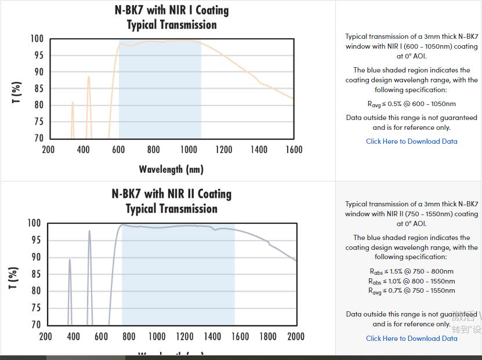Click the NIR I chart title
point(172,17)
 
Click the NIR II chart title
point(172,201)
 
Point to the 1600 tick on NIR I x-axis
point(294,150)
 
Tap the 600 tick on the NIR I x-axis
point(118,150)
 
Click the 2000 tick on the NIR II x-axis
point(296,336)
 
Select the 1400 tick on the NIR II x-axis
point(212,336)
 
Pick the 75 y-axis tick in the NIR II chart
point(35,308)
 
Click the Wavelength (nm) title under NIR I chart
point(171,169)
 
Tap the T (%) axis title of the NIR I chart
point(17,92)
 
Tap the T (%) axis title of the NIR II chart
point(15,278)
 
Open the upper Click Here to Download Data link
point(412,141)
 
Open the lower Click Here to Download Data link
point(412,339)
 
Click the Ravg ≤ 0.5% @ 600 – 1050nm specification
point(412,104)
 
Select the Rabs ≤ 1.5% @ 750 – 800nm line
point(412,271)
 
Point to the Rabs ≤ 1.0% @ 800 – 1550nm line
point(412,281)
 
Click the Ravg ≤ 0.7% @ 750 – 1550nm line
point(412,291)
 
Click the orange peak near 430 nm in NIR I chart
point(89,78)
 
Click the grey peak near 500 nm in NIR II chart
point(89,232)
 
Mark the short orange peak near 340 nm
point(73,103)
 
